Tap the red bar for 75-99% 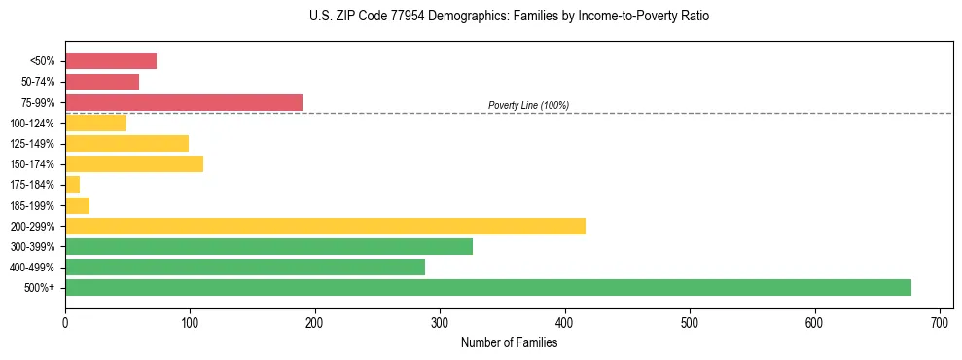[184, 102]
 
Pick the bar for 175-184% [73, 185]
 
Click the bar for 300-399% [268, 246]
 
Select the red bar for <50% [111, 61]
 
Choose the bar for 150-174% [134, 163]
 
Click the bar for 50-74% [102, 82]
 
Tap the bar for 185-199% [78, 205]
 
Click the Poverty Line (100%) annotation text [528, 105]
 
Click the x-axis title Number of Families [509, 342]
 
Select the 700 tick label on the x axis [940, 321]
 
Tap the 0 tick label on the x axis [65, 321]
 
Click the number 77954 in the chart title [389, 17]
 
